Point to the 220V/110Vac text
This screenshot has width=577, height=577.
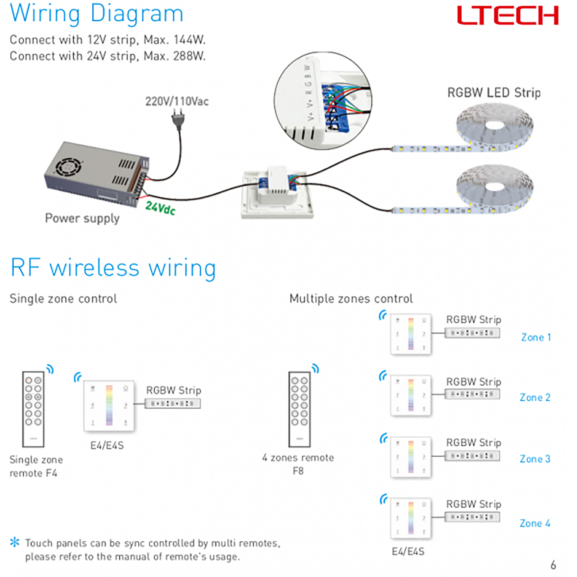tap(177, 102)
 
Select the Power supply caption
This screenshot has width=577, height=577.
tap(82, 218)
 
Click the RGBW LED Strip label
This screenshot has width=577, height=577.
tap(494, 93)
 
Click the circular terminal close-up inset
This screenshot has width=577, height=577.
tap(323, 101)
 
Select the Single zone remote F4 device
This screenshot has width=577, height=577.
tap(33, 409)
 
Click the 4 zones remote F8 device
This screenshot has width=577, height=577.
tap(299, 409)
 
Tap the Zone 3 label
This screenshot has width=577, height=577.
tap(535, 459)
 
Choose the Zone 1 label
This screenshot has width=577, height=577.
tap(536, 338)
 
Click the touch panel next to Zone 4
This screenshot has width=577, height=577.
tap(411, 518)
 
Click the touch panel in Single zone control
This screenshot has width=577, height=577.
tap(109, 405)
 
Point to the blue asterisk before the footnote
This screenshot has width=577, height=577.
tap(15, 542)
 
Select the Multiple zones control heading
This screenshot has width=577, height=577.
tap(351, 299)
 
